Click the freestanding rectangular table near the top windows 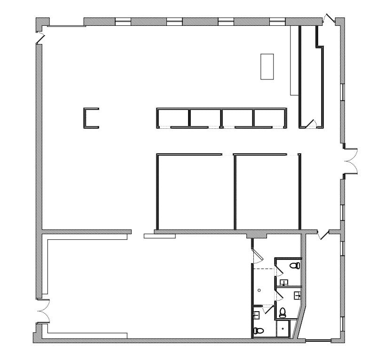(267, 66)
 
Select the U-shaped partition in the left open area (91, 118)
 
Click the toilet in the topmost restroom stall (295, 266)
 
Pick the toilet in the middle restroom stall (283, 312)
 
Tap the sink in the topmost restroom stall (284, 283)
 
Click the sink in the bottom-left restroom (257, 314)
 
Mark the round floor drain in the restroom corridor (259, 290)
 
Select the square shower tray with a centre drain (283, 329)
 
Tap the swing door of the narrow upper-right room (311, 123)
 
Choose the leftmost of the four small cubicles (173, 118)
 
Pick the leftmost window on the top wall (123, 21)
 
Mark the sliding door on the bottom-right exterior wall (319, 340)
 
